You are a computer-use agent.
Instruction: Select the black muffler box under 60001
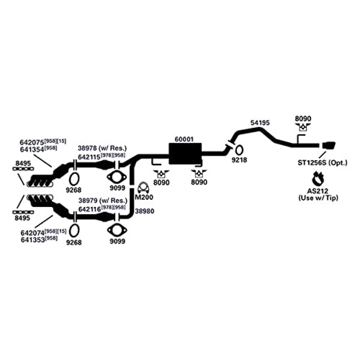tap(185, 154)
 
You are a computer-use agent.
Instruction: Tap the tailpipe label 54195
tap(260, 123)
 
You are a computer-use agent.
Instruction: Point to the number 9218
tap(239, 160)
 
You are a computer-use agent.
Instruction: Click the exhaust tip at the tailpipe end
tap(329, 145)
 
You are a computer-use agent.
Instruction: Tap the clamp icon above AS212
tap(318, 178)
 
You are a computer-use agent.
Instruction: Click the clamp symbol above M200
tap(144, 188)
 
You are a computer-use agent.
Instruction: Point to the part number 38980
tap(144, 211)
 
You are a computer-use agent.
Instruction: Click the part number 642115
tap(89, 157)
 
